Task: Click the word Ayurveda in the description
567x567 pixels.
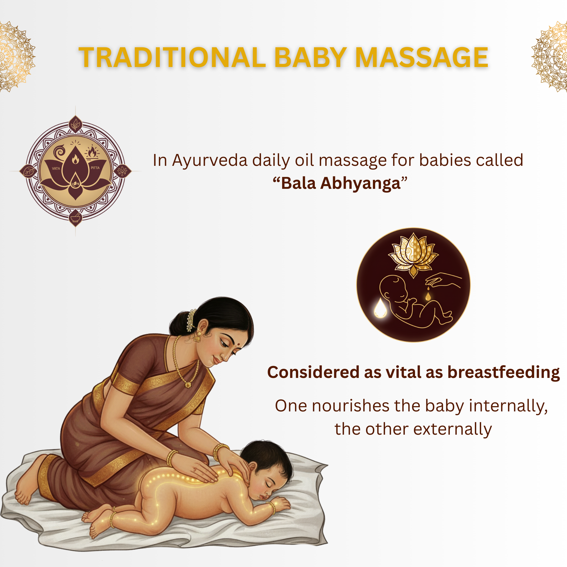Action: coord(210,161)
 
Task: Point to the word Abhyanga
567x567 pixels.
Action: coord(360,184)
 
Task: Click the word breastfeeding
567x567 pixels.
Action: coord(504,372)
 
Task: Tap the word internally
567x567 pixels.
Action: coord(508,406)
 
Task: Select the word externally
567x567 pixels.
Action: coord(453,429)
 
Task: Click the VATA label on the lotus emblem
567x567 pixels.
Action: coord(56,168)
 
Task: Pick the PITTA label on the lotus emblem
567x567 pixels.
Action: coord(95,168)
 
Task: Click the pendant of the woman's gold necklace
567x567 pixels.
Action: coord(188,385)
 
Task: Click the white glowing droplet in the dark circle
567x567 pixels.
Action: coord(380,308)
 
